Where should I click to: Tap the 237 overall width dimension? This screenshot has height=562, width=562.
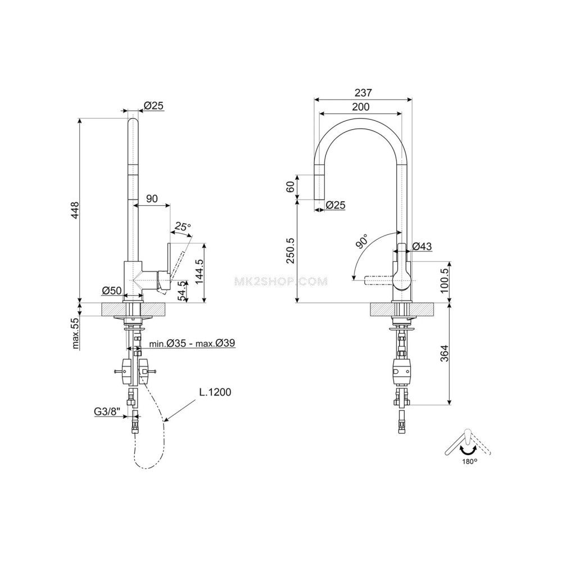click(x=363, y=93)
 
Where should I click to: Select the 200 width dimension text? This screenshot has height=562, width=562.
click(x=360, y=107)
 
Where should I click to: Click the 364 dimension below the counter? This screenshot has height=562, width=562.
click(x=444, y=353)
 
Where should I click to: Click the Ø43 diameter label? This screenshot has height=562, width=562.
click(x=422, y=246)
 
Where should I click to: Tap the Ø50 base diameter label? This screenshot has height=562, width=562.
click(x=112, y=291)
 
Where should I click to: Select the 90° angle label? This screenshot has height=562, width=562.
click(x=361, y=241)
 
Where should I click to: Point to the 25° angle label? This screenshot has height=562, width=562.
click(x=182, y=226)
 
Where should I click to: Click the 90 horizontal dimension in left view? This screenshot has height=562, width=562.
click(x=152, y=198)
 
